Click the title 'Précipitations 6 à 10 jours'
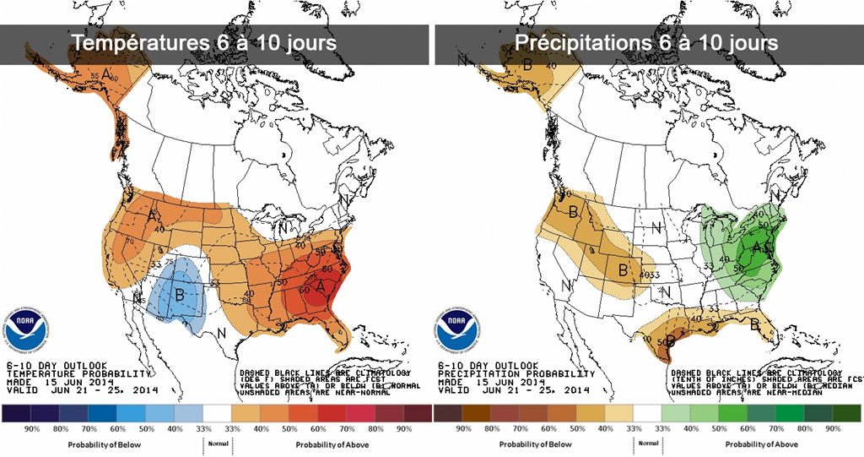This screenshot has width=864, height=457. [x=647, y=42]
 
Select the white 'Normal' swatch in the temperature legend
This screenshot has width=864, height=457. [x=217, y=414]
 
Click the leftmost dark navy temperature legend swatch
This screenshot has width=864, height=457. [x=18, y=414]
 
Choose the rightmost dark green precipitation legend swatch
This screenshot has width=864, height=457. [x=845, y=414]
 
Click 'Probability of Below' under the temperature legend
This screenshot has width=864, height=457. [x=104, y=444]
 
